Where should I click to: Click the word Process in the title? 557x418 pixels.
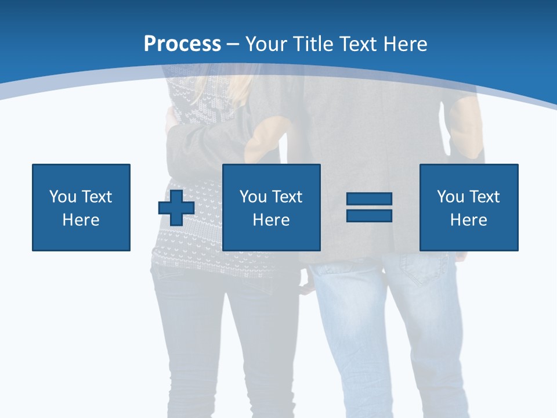pos(182,44)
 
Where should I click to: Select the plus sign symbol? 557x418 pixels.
pos(176,208)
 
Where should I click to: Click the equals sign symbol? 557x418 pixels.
pos(370,207)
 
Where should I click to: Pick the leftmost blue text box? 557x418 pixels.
pos(81,207)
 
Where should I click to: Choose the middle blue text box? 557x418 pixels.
pos(272,207)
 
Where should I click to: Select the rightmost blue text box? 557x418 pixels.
pos(469,207)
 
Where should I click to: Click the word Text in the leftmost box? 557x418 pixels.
pos(96,197)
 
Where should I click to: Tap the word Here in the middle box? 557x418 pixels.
pos(272,220)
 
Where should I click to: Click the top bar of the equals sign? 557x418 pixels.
pos(370,199)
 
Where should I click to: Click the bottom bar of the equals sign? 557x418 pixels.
pos(370,215)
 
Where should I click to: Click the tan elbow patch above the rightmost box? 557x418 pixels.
pos(468,131)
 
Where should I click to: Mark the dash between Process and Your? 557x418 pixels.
pos(233,44)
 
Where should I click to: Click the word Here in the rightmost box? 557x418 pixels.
pos(469,220)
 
